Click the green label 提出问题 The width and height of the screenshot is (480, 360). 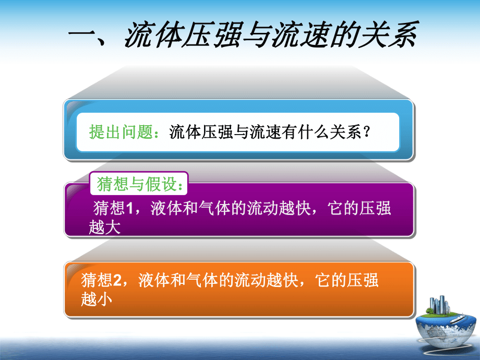point(121,132)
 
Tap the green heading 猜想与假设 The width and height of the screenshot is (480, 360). point(137,184)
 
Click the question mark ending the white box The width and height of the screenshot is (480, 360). point(366,132)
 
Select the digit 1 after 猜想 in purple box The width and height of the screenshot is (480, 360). point(129,208)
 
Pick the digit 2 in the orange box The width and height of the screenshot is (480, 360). point(117,280)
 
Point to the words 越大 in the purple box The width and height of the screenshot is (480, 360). point(105,227)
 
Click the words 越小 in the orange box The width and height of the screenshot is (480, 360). point(97,299)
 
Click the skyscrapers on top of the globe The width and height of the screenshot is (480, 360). point(440,305)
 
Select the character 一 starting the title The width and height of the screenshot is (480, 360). point(82,34)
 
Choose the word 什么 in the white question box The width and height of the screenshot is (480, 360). point(314,132)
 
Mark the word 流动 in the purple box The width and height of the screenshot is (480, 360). point(263,208)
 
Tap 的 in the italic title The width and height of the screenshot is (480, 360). point(344,34)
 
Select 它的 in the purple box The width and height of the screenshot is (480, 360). point(343,208)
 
